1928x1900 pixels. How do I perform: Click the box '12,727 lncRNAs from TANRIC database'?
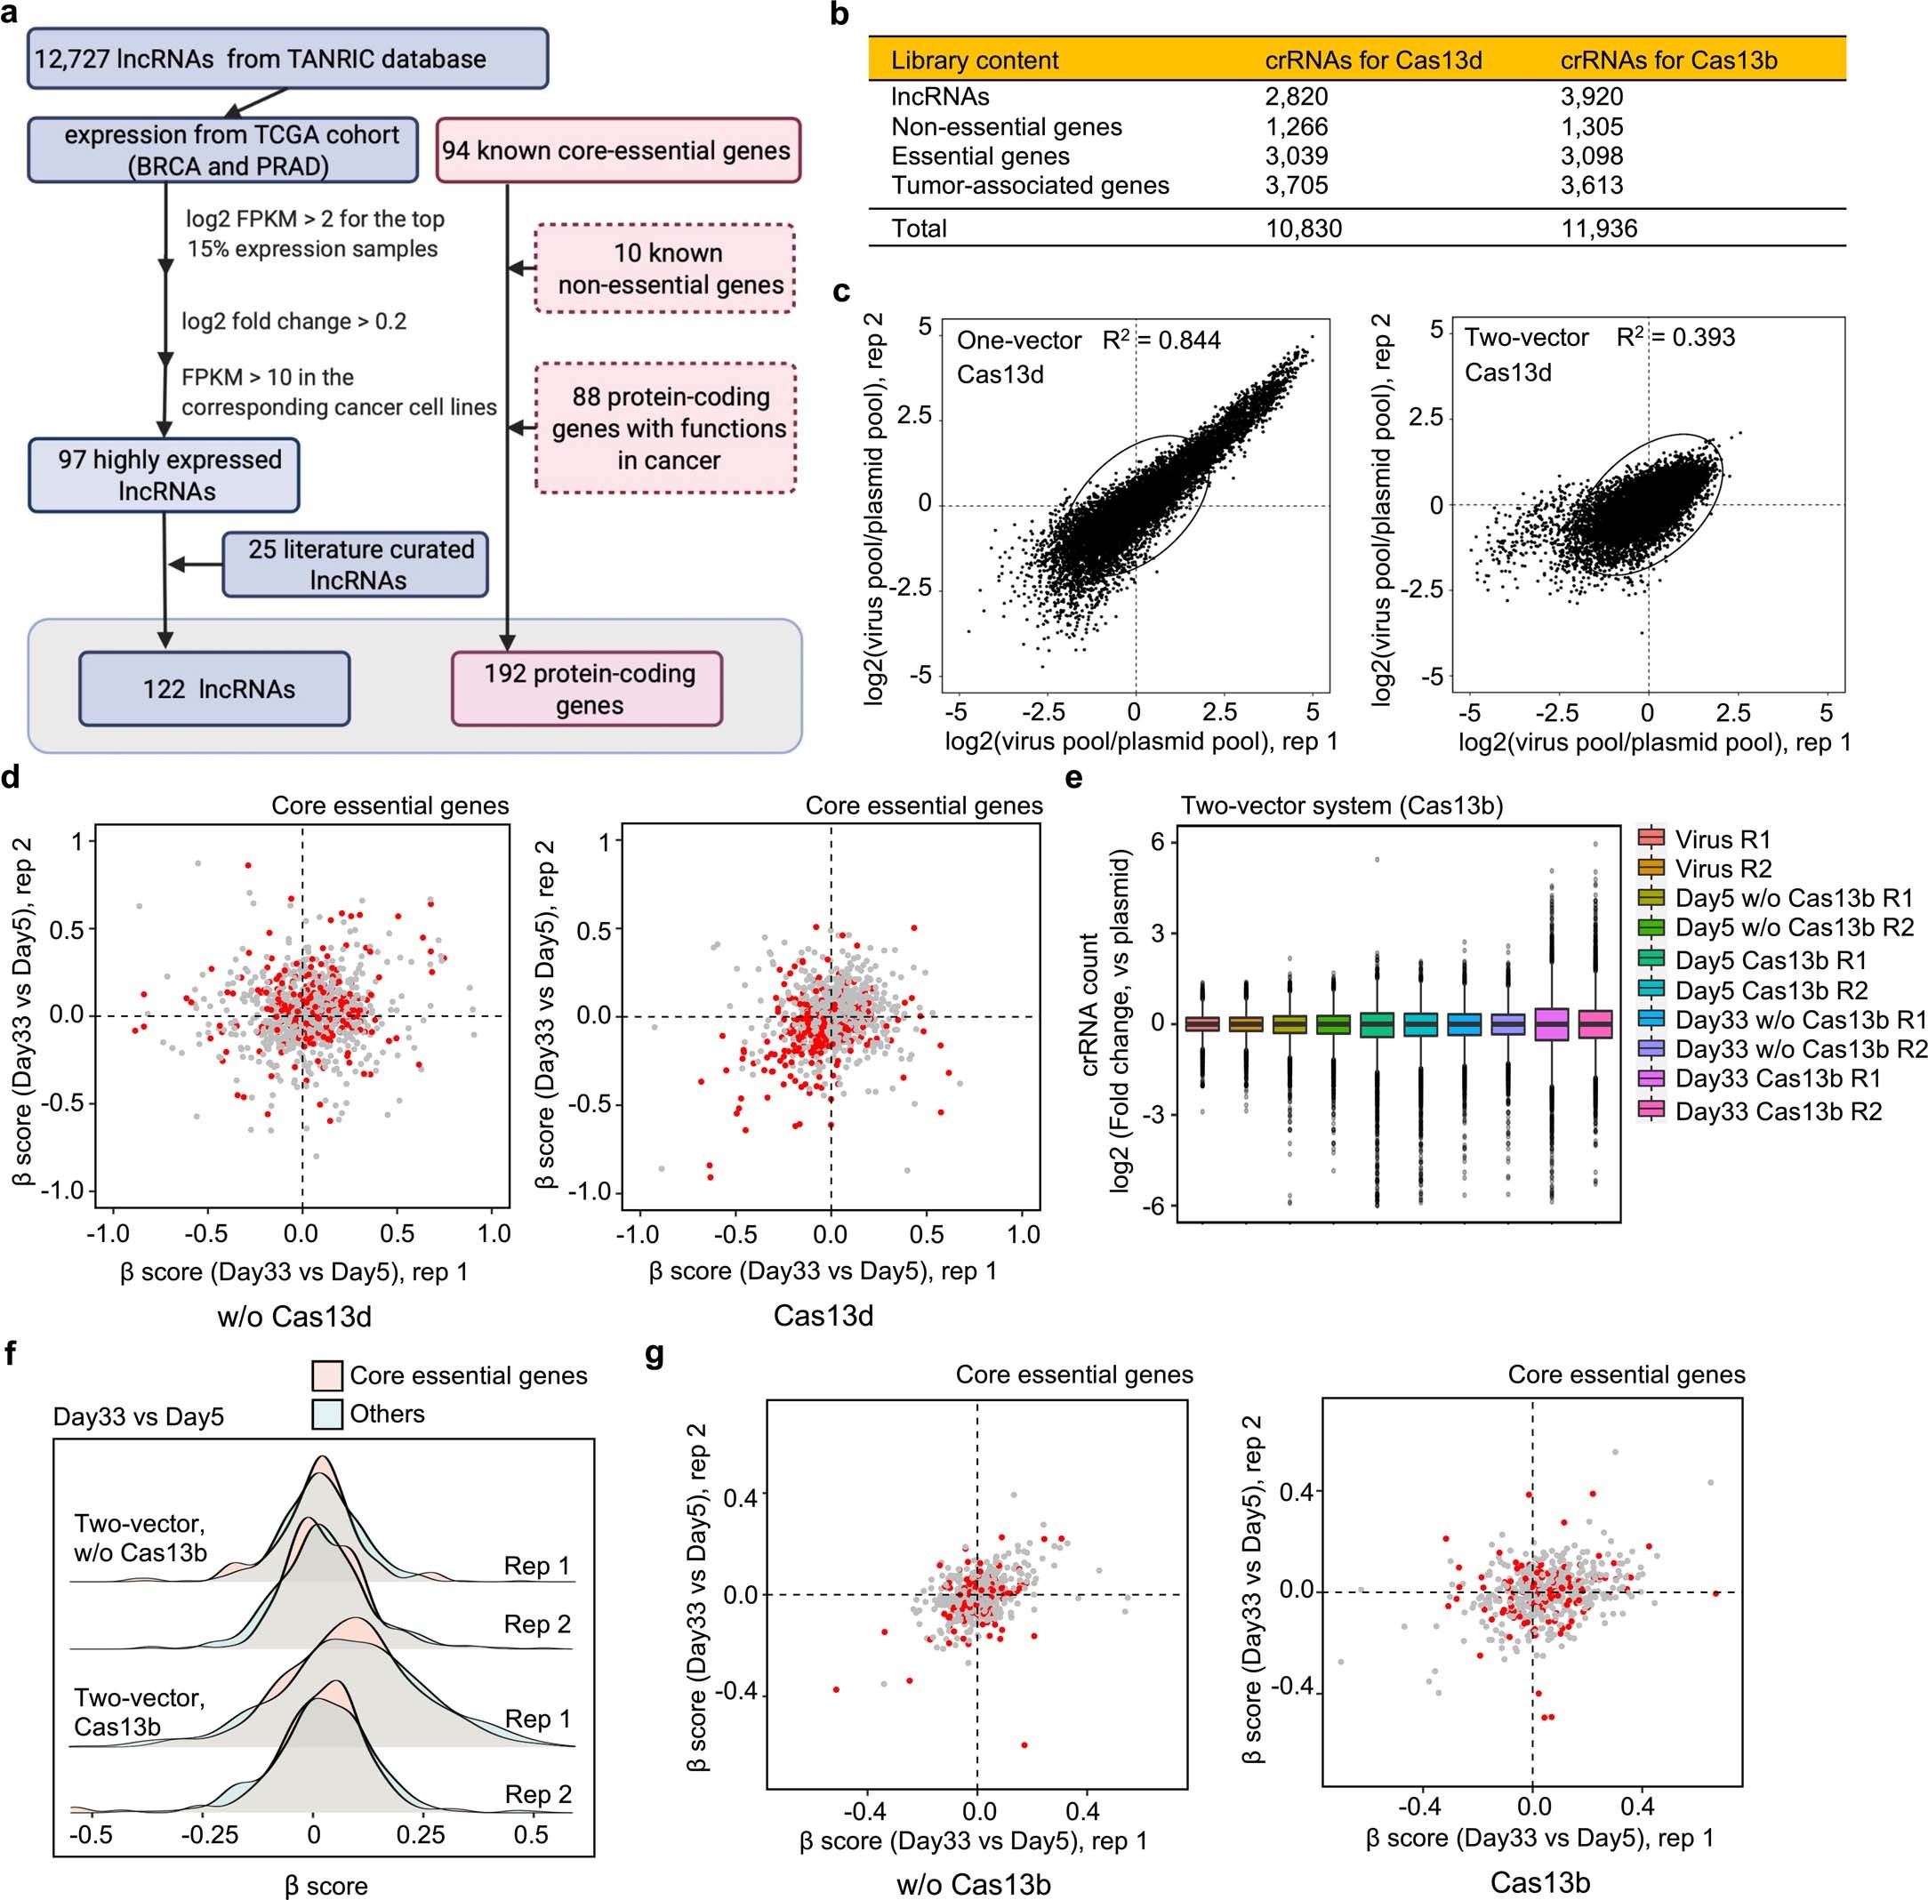(x=287, y=58)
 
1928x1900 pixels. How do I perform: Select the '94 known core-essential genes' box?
(x=618, y=150)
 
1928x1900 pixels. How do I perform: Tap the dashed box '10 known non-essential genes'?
(x=665, y=269)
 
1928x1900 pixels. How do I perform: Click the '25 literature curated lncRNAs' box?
(x=355, y=565)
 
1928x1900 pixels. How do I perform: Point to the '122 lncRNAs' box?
(x=214, y=688)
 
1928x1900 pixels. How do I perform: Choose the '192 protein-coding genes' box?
(x=587, y=688)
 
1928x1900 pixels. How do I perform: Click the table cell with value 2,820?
(x=1297, y=97)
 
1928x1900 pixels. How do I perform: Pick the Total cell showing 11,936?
(x=1599, y=228)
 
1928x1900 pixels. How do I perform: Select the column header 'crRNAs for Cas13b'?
(x=1668, y=60)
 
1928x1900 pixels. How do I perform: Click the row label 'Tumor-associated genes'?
(x=1030, y=186)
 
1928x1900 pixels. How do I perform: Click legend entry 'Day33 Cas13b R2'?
(x=1778, y=1110)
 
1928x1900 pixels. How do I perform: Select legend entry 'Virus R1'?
(x=1723, y=839)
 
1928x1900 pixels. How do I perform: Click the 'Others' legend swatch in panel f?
(x=327, y=1414)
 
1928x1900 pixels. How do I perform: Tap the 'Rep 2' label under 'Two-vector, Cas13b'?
(x=538, y=1793)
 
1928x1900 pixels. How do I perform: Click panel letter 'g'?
(x=655, y=1355)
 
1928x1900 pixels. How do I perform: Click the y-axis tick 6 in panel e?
(x=1158, y=841)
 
